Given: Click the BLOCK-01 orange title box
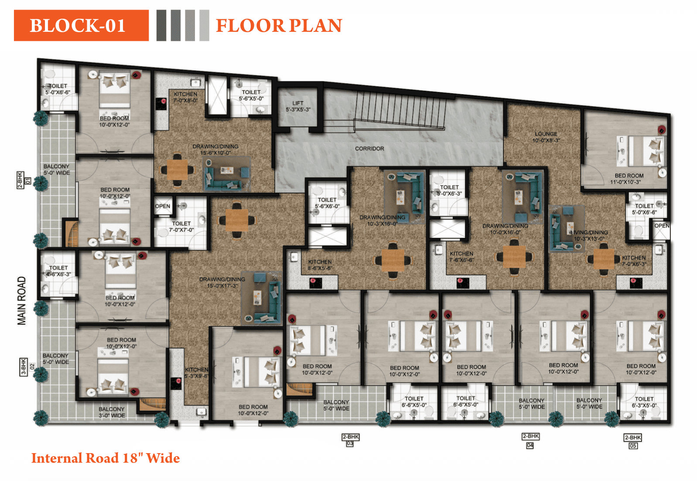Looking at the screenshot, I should point(81,26).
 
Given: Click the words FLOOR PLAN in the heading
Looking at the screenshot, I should point(279,26).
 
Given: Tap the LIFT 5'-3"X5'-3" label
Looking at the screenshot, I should point(298,106).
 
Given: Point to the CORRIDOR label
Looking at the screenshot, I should point(369,149).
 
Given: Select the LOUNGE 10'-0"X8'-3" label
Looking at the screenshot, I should point(546,137).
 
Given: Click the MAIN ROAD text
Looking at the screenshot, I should point(22,301).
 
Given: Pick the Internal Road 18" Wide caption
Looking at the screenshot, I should point(105,458).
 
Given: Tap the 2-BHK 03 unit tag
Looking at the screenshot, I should point(350,440).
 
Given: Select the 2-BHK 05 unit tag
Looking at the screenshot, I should point(632,441).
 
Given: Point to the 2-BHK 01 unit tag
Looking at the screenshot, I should point(23,180).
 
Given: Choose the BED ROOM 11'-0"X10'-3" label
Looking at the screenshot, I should point(629,179).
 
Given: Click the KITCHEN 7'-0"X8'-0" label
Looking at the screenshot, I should point(185,97).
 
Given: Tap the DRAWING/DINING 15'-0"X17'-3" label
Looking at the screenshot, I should point(222,282).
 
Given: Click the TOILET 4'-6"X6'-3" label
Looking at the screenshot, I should point(58,271).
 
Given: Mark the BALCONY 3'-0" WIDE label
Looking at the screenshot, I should point(112,412).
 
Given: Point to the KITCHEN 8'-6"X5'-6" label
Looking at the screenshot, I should point(320,265).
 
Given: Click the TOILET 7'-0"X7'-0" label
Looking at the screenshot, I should point(181,227).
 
